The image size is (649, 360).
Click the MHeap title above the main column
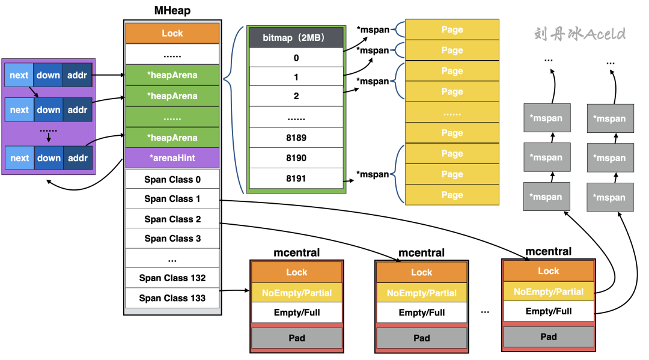tap(172, 11)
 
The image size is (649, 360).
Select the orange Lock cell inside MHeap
tap(172, 34)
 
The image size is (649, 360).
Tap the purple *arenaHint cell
tap(172, 158)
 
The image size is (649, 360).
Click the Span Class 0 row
tap(172, 179)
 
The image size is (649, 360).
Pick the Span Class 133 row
tap(172, 298)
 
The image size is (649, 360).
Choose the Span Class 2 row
tap(172, 219)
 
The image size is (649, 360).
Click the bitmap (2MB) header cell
tap(296, 38)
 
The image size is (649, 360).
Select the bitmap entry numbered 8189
tap(296, 138)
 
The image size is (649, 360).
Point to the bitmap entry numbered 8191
tap(296, 178)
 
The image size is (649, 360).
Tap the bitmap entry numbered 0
tap(296, 58)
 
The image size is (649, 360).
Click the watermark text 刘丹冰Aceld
tap(579, 34)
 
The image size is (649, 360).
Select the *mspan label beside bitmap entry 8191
tap(373, 174)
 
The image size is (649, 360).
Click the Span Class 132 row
tap(172, 278)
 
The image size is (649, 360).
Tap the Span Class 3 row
tap(172, 239)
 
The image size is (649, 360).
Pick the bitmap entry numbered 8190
tap(296, 158)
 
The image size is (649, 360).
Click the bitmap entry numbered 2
tap(296, 96)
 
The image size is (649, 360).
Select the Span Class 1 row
tap(172, 199)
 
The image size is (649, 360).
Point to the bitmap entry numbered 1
tap(296, 77)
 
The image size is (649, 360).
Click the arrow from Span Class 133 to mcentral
tap(234, 291)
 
